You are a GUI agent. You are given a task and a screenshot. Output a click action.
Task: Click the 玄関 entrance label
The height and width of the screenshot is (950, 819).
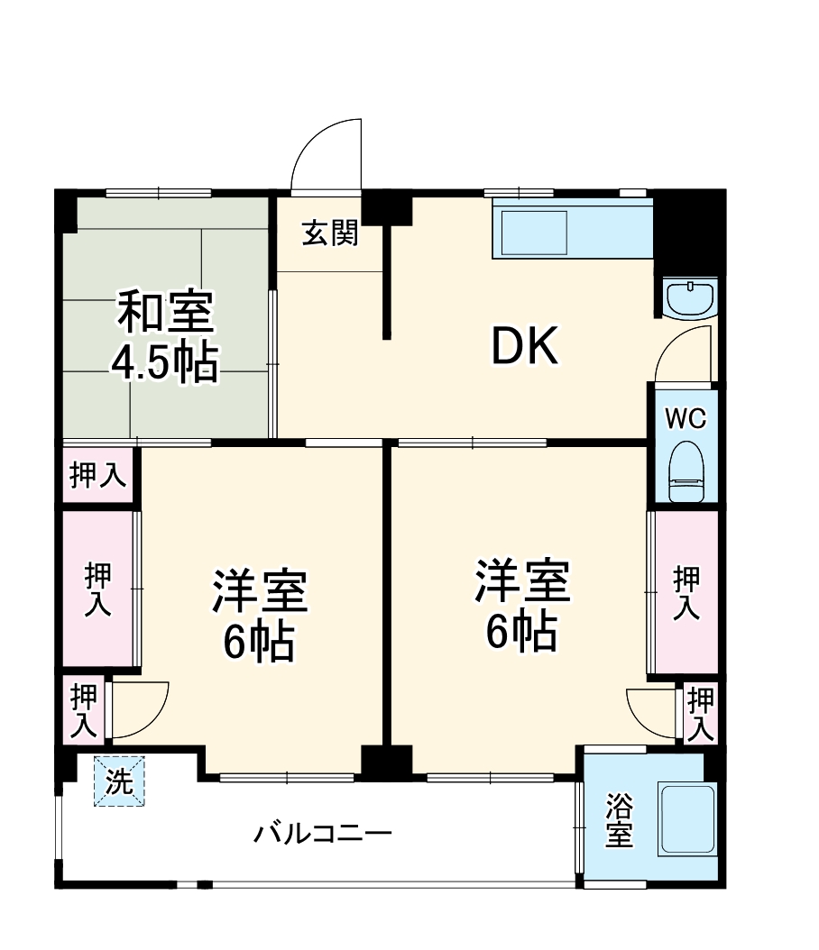pos(330,233)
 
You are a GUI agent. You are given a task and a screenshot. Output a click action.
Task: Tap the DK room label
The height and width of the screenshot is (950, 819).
pos(525,345)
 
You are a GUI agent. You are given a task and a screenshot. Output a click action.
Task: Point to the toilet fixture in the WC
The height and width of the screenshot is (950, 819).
pos(686,471)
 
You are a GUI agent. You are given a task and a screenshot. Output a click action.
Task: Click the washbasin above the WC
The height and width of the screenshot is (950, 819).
pos(689,297)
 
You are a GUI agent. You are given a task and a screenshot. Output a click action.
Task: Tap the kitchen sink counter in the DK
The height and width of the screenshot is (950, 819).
pos(572,233)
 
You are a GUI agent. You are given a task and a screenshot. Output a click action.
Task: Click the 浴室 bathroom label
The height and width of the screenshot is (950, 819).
pos(619,818)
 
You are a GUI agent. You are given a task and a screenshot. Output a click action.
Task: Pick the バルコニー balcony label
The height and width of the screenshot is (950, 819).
pos(322,832)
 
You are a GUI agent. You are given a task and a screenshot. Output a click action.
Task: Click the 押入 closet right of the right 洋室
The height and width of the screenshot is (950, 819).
pos(686,592)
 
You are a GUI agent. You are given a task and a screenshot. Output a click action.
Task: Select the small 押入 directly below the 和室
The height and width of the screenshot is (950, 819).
pos(97,475)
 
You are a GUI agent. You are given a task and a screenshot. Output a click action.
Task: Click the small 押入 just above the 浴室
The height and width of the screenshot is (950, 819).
pos(701,712)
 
